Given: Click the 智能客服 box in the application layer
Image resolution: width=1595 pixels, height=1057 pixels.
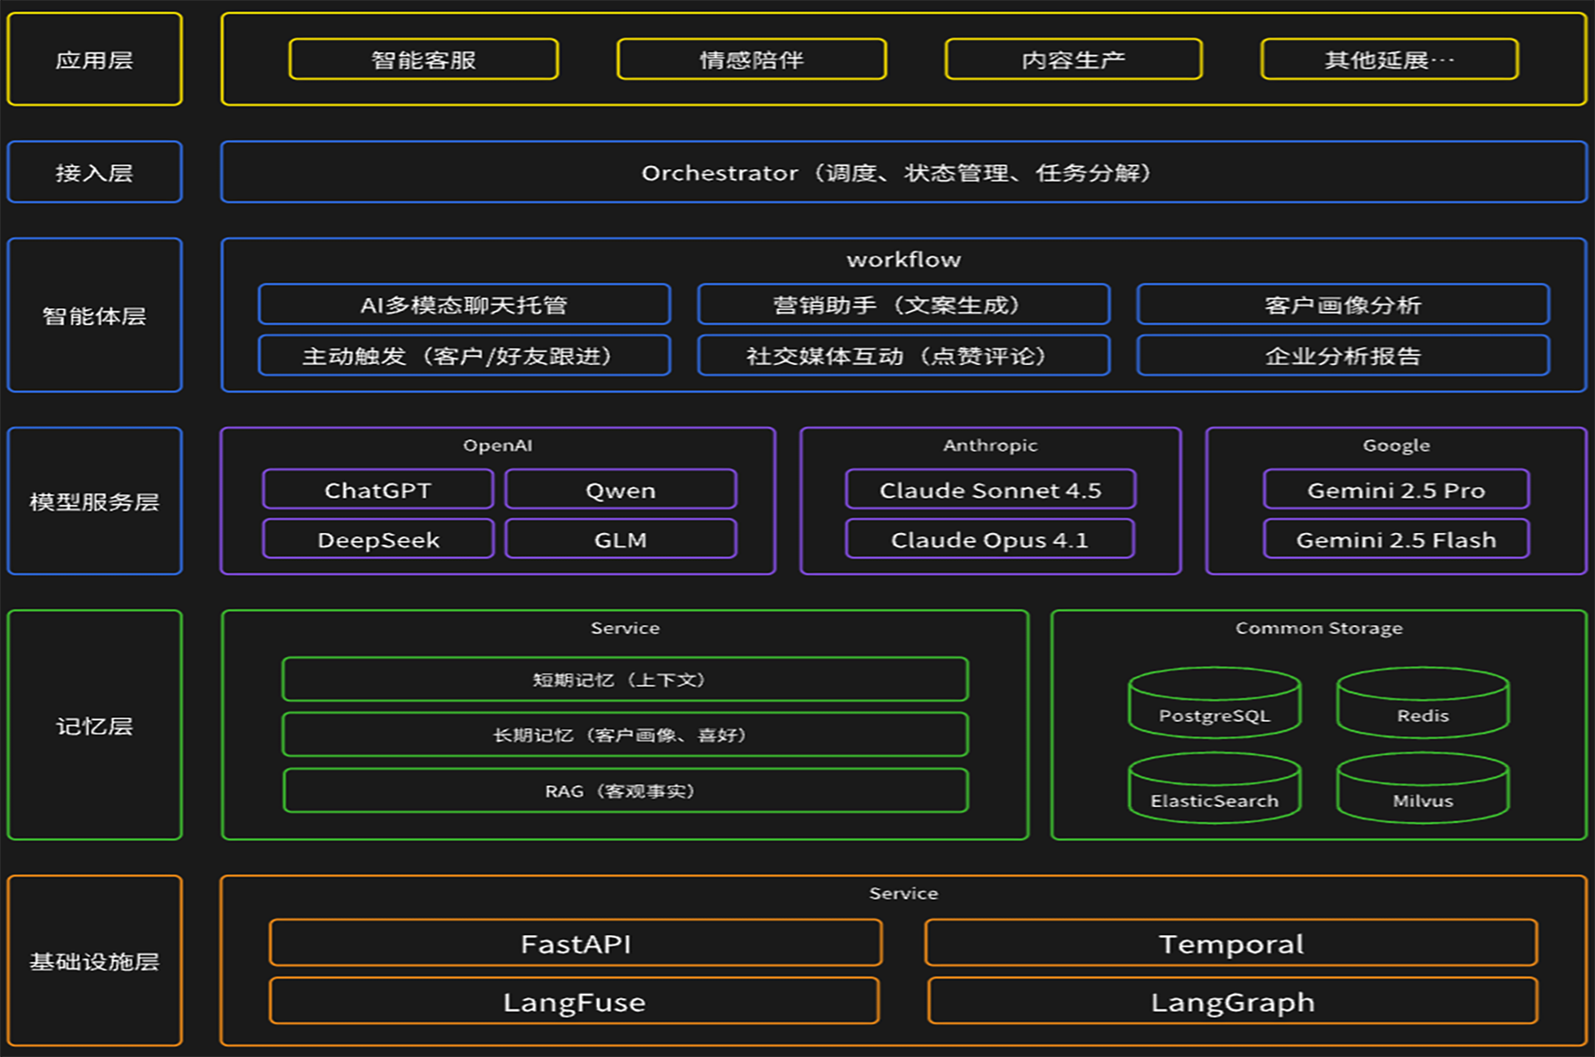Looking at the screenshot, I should [424, 60].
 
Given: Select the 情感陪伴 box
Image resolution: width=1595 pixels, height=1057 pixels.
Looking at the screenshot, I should [751, 60].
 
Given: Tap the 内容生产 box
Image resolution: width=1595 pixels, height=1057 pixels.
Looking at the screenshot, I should [1073, 60].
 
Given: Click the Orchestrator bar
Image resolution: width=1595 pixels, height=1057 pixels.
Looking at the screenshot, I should [903, 173].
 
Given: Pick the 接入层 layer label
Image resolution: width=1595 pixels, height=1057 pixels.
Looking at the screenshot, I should [94, 173].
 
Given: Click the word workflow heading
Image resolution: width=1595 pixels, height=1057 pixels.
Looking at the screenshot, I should [903, 260].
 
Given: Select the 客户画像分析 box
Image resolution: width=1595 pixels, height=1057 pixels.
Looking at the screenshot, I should [1343, 305].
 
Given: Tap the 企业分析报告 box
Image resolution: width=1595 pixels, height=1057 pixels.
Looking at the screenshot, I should [1343, 356].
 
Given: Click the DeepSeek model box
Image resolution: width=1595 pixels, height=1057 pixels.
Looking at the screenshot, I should [378, 539].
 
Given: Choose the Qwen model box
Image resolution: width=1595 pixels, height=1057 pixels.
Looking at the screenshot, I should [620, 491].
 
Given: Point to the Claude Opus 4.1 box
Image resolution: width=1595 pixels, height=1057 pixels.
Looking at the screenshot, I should [990, 539].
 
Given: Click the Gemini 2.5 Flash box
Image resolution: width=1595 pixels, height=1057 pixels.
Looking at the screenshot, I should [1395, 539].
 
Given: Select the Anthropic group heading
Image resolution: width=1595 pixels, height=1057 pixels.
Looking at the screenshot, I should [990, 445].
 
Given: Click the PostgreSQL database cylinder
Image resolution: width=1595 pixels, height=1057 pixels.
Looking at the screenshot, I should [1214, 704].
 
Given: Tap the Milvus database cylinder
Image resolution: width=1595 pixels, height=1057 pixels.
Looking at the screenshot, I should [1422, 789].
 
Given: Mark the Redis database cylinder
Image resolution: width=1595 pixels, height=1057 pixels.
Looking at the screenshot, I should [1422, 704].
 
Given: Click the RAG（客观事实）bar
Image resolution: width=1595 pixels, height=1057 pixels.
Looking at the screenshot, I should [625, 790].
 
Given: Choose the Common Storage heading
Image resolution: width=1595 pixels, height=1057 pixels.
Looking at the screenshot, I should [1319, 628].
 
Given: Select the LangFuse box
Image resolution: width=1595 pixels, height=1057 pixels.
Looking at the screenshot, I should [574, 1002].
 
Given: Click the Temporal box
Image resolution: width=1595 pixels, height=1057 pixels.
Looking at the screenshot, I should [1231, 944].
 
